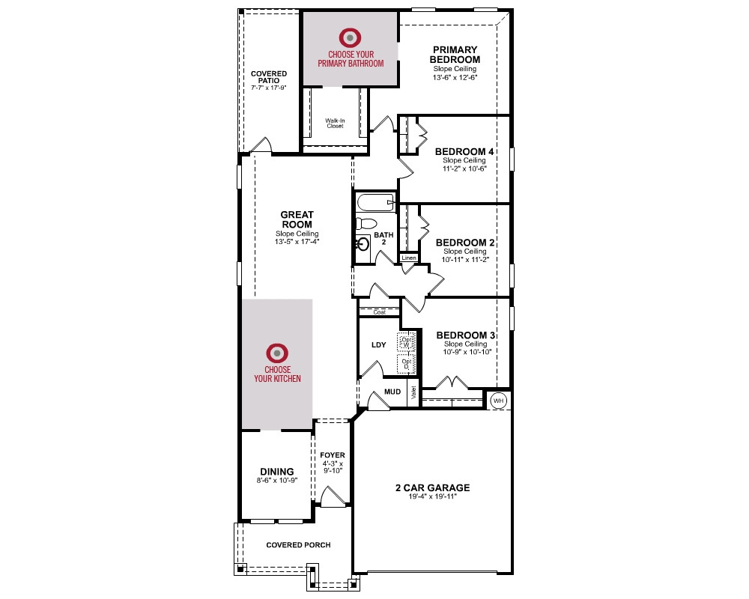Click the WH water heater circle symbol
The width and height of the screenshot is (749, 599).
[499, 401]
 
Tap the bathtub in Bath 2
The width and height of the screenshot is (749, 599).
[376, 202]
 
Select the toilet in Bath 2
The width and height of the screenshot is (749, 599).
[366, 223]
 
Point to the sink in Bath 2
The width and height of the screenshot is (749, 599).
[363, 244]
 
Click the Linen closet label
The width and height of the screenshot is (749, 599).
[409, 258]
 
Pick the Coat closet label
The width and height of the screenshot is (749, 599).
[379, 312]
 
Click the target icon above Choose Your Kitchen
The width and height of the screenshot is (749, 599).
[277, 353]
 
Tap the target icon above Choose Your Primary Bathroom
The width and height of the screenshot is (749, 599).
[350, 37]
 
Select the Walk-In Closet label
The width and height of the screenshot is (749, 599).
[335, 124]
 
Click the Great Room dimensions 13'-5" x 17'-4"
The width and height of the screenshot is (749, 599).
[297, 242]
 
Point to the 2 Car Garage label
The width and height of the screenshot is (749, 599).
[433, 487]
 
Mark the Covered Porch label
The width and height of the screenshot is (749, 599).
[298, 545]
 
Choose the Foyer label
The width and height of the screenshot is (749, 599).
[333, 455]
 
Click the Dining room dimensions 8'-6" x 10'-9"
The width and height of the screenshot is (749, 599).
[277, 481]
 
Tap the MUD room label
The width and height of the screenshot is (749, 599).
[392, 392]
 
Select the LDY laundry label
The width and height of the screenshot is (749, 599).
[379, 345]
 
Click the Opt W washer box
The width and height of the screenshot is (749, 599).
[406, 342]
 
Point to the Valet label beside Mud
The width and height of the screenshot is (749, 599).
[413, 392]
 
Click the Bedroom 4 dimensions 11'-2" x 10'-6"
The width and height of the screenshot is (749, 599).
[464, 168]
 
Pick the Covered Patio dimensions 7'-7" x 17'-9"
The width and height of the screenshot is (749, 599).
[268, 88]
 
